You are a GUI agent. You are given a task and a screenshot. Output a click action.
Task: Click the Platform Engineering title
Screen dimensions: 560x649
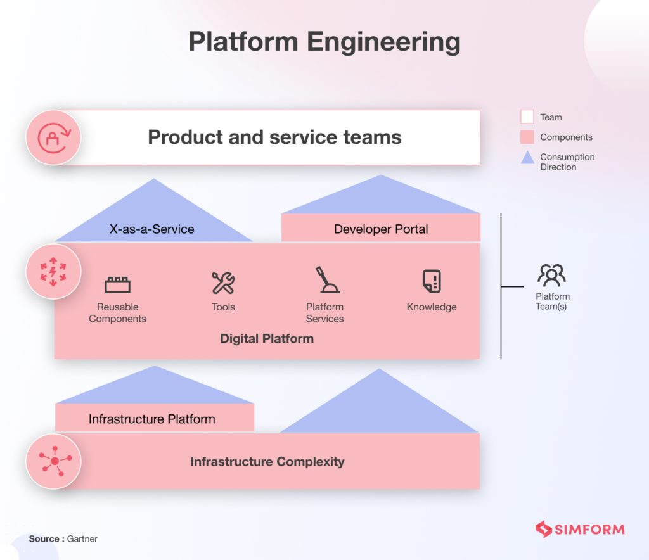pyautogui.click(x=324, y=42)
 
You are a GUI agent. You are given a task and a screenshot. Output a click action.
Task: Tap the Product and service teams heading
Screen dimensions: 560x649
pyautogui.click(x=274, y=137)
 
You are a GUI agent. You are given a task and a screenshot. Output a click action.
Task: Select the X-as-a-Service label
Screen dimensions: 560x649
pyautogui.click(x=152, y=229)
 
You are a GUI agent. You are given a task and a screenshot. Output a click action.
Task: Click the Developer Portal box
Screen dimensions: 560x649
pyautogui.click(x=381, y=229)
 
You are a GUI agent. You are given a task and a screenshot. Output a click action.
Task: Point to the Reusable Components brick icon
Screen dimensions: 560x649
pyautogui.click(x=117, y=284)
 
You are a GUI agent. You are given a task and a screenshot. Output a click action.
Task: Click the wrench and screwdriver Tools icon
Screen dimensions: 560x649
pyautogui.click(x=223, y=283)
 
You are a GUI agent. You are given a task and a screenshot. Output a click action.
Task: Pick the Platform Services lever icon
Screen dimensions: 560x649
pyautogui.click(x=327, y=280)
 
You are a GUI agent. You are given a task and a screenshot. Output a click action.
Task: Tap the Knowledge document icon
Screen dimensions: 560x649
pyautogui.click(x=432, y=281)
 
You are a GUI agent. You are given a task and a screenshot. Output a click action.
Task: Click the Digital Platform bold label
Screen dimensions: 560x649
pyautogui.click(x=267, y=338)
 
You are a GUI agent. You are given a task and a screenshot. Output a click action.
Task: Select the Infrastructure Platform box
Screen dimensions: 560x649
pyautogui.click(x=152, y=419)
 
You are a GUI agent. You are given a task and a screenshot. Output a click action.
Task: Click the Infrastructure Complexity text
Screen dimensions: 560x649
pyautogui.click(x=267, y=461)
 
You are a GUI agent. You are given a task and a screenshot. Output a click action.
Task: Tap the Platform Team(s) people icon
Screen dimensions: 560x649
pyautogui.click(x=551, y=275)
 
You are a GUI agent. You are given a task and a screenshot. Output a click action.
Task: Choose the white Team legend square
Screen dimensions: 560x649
pyautogui.click(x=527, y=117)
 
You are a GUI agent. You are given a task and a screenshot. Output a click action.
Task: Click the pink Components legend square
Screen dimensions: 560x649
pyautogui.click(x=527, y=137)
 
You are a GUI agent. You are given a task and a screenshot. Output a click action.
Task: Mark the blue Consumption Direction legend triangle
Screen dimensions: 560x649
pyautogui.click(x=527, y=158)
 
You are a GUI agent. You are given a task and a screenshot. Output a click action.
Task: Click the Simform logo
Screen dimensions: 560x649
pyautogui.click(x=580, y=529)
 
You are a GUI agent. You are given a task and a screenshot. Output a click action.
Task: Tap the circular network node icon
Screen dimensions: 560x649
pyautogui.click(x=53, y=461)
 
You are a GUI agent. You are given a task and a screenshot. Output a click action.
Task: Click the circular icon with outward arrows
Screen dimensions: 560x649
pyautogui.click(x=53, y=272)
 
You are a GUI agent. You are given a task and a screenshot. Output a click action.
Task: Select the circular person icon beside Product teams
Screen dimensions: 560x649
pyautogui.click(x=53, y=137)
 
